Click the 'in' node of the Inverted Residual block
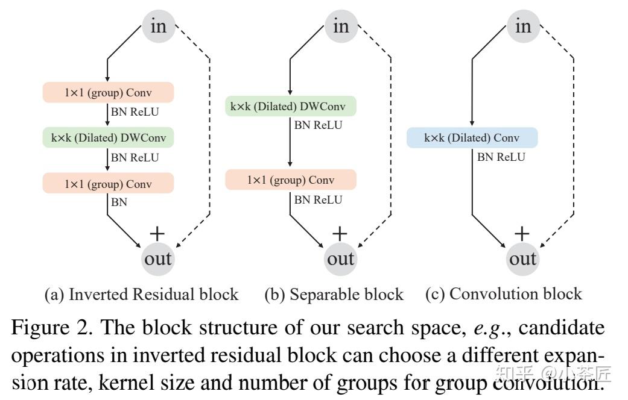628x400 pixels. pos(158,26)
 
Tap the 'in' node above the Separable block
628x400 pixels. pos(341,26)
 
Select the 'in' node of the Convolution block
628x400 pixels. pos(523,26)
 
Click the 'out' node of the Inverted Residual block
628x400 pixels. pos(157,259)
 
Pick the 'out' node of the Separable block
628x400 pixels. pos(341,259)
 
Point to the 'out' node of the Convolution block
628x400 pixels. pos(523,259)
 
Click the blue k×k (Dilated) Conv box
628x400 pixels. pos(472,138)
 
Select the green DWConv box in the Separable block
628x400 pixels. pos(291,107)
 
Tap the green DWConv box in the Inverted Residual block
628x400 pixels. pos(108,138)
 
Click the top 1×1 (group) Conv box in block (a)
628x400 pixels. pos(108,93)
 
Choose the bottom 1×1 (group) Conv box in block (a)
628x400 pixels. pos(108,184)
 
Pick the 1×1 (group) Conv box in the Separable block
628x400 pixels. pos(291,180)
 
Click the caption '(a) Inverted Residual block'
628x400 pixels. pos(142,295)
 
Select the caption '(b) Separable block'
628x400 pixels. pos(334,295)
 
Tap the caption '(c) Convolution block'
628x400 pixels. pos(504,294)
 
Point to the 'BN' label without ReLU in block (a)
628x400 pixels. pos(119,202)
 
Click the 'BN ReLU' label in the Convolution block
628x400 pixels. pos(501,157)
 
